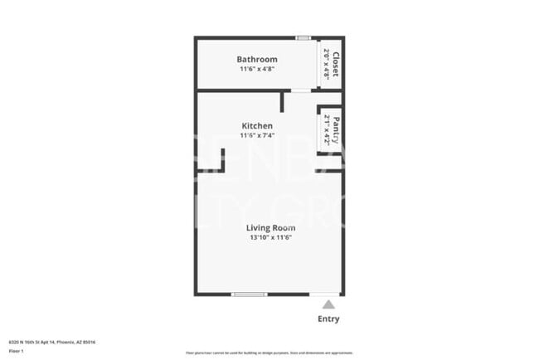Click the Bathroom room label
coord(257,60)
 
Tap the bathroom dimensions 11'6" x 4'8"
coord(257,70)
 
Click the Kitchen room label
coord(257,125)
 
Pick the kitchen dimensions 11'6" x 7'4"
coord(257,135)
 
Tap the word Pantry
coord(336,129)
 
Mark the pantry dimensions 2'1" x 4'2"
coord(327,129)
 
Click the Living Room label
coord(271,227)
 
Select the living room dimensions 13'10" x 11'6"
coord(271,237)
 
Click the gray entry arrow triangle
coord(328,304)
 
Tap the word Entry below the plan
coord(328,319)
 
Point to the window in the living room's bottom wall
coord(249,294)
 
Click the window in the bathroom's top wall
coord(303,37)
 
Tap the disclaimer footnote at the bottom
coord(269,353)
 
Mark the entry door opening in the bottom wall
coord(325,294)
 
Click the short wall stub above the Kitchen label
coord(282,101)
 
